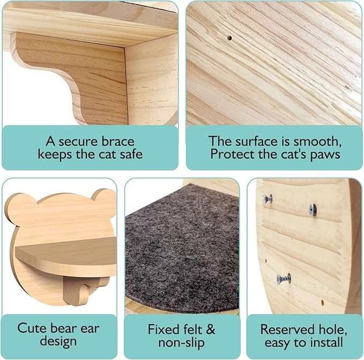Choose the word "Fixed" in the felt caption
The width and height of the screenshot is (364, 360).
(162, 328)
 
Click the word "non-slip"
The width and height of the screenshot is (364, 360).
(182, 341)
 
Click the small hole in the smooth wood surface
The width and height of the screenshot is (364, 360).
(229, 39)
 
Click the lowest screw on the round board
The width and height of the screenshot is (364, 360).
(283, 279)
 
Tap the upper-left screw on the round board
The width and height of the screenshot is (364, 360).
(268, 199)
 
